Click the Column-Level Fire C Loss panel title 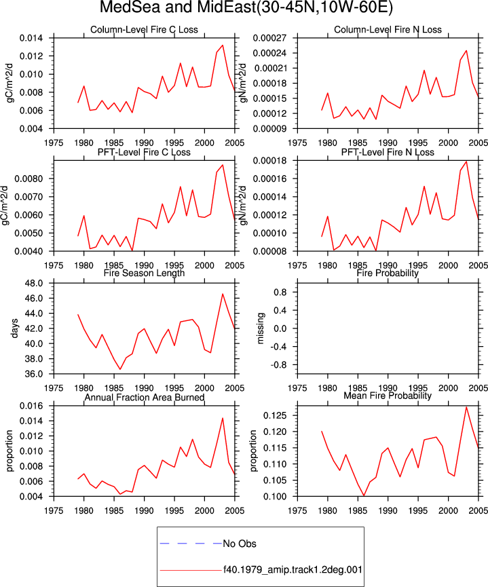(x=144, y=30)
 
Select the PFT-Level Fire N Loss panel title (x=388, y=153)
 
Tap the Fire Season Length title (x=144, y=273)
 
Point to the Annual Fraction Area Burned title (x=144, y=397)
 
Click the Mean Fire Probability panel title (x=388, y=396)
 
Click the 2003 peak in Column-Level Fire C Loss (x=223, y=45)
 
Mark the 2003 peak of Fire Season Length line (x=223, y=294)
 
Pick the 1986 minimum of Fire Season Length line (x=120, y=369)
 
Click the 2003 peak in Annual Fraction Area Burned (x=223, y=418)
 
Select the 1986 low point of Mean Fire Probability (x=364, y=495)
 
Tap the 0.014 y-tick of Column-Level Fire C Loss (x=31, y=38)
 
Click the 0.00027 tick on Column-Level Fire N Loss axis (x=269, y=38)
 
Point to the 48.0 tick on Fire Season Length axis (x=34, y=284)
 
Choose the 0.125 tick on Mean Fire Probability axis (x=275, y=415)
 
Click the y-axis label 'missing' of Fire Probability (x=261, y=328)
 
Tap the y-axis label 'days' (x=15, y=328)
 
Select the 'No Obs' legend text (x=240, y=544)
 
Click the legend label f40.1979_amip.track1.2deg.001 (x=293, y=570)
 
